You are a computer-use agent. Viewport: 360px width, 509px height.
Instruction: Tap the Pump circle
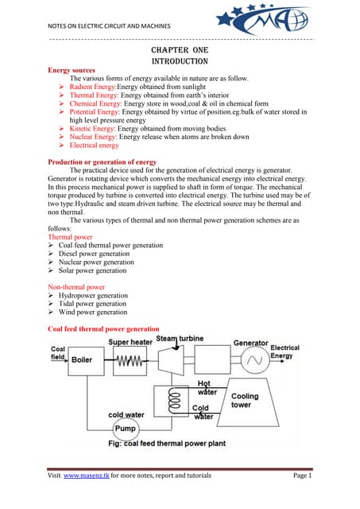pos(126,429)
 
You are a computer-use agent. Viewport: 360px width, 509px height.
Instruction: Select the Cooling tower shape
pos(248,402)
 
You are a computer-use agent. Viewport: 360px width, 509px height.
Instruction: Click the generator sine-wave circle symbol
pos(255,359)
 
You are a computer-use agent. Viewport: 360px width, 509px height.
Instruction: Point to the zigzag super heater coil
pos(130,360)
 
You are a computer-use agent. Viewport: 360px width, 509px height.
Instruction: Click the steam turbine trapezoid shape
pos(171,360)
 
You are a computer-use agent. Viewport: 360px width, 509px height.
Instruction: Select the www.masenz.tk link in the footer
pos(87,476)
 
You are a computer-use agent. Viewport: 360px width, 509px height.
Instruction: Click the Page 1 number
pos(302,476)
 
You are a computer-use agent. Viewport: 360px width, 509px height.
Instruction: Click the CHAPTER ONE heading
pos(180,50)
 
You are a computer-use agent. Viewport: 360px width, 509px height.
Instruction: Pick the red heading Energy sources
pos(72,70)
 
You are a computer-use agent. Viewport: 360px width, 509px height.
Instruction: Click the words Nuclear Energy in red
pos(92,137)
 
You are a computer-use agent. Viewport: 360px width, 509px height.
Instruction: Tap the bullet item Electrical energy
pos(94,145)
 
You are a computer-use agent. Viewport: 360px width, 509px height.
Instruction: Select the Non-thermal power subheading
pos(76,287)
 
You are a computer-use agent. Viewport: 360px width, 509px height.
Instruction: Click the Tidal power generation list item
pos(92,304)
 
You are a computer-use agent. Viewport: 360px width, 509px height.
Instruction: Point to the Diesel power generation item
pos(94,254)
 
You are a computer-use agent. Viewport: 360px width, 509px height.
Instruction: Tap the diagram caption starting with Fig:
pos(167,444)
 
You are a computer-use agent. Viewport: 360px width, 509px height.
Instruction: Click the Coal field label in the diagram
pos(58,353)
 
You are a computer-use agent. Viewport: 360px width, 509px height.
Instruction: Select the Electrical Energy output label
pos(285,352)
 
